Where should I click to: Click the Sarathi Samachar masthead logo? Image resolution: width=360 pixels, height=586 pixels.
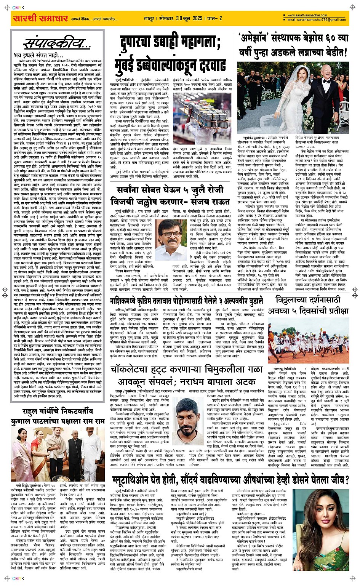coord(40,18)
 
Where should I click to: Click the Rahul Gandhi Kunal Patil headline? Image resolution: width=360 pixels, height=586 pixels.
coord(58,416)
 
